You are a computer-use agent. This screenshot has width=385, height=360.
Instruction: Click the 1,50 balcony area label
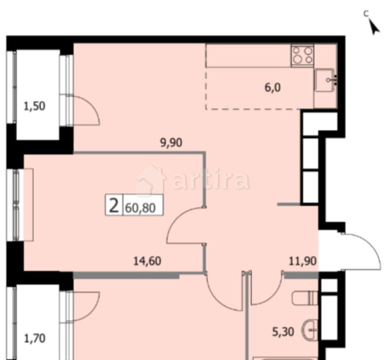tap(34, 106)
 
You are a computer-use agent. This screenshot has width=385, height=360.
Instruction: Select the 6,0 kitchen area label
tap(273, 87)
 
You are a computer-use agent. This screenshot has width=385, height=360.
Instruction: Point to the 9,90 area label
tap(171, 143)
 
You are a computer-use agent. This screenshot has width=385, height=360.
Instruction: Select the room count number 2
tap(114, 206)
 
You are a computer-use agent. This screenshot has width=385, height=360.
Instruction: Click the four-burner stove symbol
tap(302, 56)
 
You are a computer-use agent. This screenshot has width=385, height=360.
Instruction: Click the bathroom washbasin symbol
tap(310, 330)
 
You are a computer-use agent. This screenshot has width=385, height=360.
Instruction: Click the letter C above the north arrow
tap(366, 13)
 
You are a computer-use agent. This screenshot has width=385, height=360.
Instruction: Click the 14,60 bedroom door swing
tap(184, 227)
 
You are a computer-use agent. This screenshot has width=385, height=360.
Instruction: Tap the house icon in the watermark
tap(150, 180)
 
